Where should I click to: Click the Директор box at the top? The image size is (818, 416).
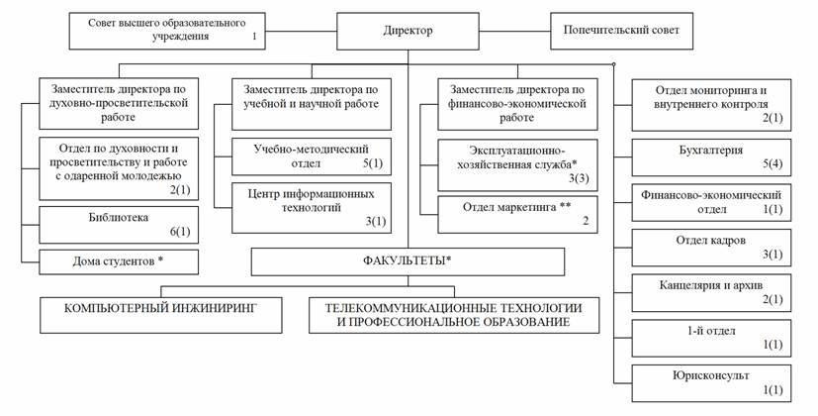click(408, 32)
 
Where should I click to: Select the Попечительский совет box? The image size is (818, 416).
click(621, 32)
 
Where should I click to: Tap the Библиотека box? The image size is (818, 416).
click(119, 225)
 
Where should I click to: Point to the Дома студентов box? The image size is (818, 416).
click(119, 261)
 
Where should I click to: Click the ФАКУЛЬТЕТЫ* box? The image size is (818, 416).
click(408, 261)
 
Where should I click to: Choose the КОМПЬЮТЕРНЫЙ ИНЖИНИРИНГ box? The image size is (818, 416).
click(161, 315)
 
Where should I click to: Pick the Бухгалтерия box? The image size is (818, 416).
click(711, 157)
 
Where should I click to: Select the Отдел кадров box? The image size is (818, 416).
click(711, 248)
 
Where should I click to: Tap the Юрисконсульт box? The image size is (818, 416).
click(711, 383)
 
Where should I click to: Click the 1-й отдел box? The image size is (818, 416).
click(711, 338)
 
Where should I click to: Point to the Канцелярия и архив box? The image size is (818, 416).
click(711, 292)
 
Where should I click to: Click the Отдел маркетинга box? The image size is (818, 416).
click(517, 214)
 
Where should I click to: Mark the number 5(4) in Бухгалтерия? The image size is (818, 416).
click(773, 164)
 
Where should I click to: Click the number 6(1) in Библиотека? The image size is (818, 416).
click(180, 232)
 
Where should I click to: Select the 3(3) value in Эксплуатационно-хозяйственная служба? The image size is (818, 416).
click(579, 178)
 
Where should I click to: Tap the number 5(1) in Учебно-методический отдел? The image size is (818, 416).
click(373, 163)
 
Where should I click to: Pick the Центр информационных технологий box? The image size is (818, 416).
click(312, 208)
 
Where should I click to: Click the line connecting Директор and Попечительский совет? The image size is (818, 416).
click(515, 32)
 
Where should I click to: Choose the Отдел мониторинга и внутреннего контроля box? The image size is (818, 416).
click(711, 105)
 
